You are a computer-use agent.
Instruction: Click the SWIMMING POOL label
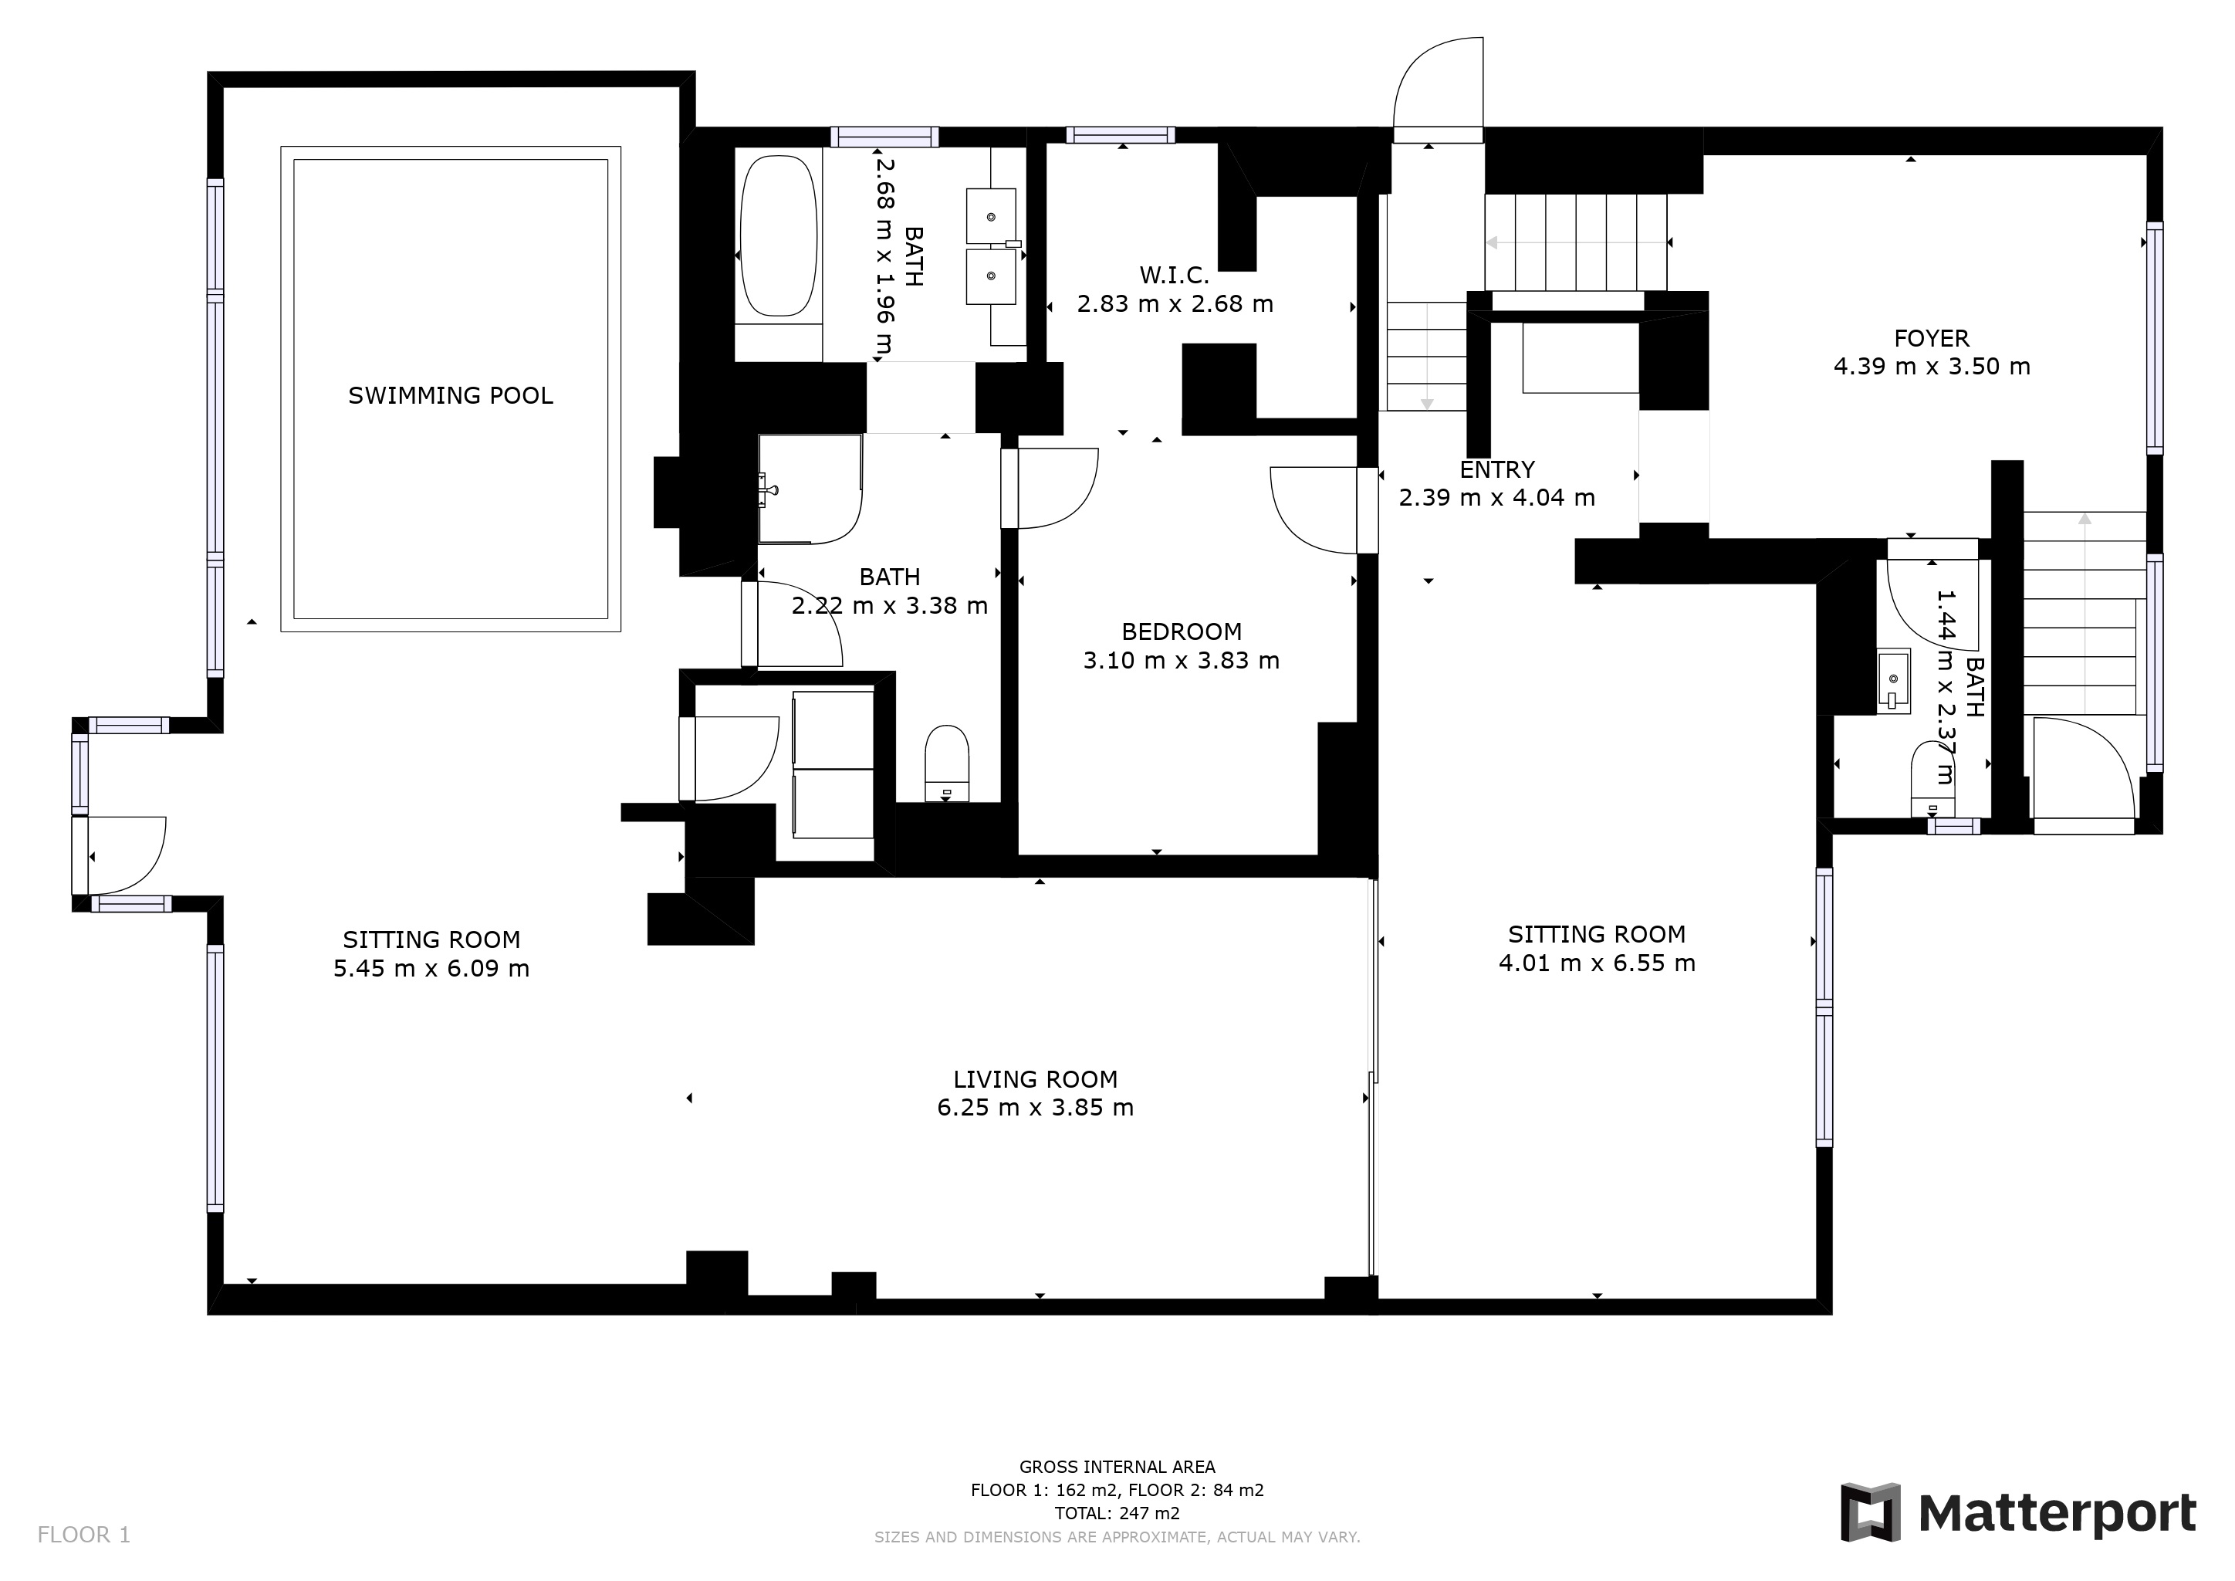(451, 395)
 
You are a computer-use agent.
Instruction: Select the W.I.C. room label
(1174, 275)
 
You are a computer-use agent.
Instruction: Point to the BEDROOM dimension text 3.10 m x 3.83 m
(1181, 660)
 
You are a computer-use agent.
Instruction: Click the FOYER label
(1931, 338)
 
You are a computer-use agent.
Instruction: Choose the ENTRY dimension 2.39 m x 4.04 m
(1496, 497)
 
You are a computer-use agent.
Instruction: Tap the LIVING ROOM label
(1035, 1078)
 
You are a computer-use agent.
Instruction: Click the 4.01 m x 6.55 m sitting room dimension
(1597, 963)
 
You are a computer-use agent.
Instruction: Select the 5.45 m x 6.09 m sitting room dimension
(431, 969)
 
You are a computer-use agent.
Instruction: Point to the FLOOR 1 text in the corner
(83, 1535)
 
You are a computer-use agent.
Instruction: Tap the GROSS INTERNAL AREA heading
(1117, 1467)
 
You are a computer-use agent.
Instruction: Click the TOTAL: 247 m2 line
(1117, 1514)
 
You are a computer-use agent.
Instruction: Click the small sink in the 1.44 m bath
(1893, 678)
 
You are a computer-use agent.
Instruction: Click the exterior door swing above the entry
(1438, 87)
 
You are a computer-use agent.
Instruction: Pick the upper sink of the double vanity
(991, 216)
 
